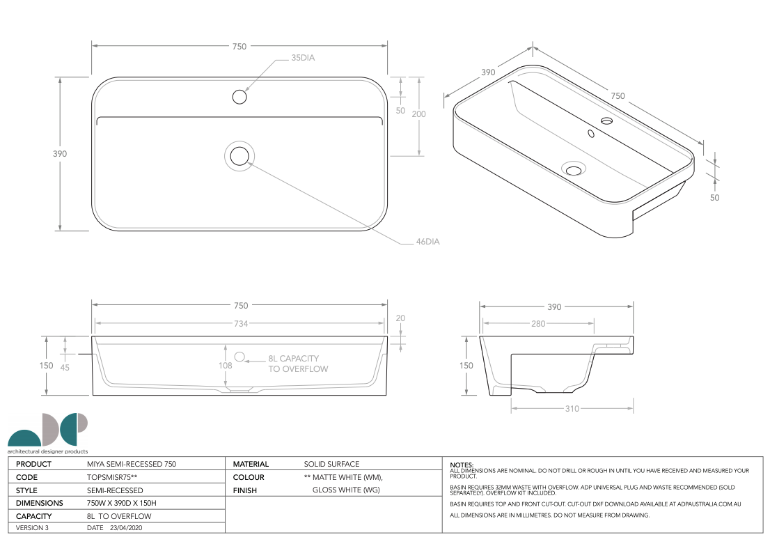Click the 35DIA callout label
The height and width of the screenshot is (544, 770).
[303, 58]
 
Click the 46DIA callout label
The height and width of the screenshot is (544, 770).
[427, 242]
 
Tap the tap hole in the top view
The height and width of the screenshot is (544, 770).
[239, 97]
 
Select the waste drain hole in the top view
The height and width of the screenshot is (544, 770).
[239, 156]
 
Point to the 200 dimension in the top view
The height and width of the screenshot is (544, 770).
[419, 114]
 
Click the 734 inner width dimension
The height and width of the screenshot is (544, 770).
[241, 323]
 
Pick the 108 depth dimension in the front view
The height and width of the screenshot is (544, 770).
[226, 366]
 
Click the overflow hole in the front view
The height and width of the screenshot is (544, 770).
[239, 357]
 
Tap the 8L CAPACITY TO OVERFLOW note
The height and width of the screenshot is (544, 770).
[298, 364]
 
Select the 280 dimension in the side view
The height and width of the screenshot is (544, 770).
[538, 323]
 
